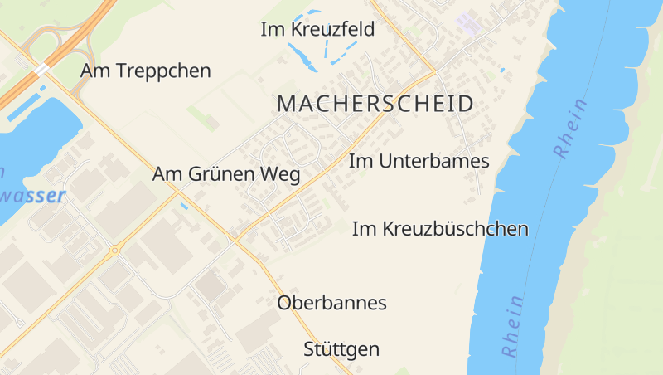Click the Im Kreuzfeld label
[x=317, y=30]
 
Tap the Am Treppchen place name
[x=145, y=71]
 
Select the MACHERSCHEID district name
[x=375, y=105]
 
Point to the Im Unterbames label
[x=419, y=161]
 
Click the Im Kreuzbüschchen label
[x=440, y=229]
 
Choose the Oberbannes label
[x=331, y=303]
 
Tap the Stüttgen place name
[x=341, y=349]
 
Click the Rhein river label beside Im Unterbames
[x=571, y=128]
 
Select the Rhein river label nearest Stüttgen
[x=512, y=325]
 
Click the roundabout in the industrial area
[x=114, y=250]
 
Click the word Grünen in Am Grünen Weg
[x=227, y=175]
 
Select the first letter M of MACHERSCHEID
[x=285, y=105]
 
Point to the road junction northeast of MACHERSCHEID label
[x=433, y=70]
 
